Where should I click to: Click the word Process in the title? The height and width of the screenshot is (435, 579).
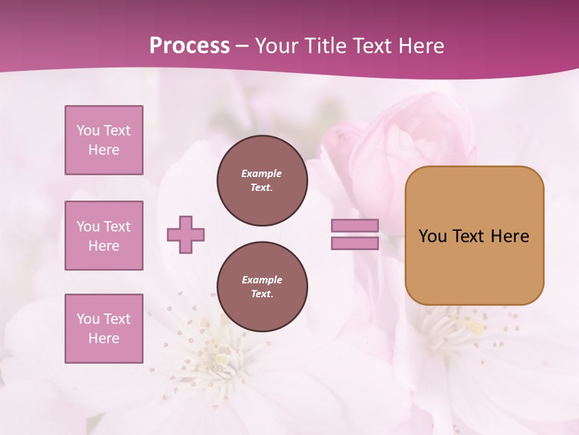pos(189,46)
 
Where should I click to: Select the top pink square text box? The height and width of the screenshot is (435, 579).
pos(104,140)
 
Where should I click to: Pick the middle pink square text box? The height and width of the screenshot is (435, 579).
pos(104,236)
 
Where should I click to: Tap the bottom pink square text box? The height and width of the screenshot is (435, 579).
pos(104,328)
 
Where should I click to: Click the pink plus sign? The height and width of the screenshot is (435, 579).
pos(186,234)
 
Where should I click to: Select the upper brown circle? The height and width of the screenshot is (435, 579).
pos(262,181)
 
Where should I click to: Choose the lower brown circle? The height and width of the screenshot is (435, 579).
pos(262,287)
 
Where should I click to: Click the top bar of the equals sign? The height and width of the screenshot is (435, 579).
pos(355,226)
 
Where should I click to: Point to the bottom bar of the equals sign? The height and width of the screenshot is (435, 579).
pos(355,243)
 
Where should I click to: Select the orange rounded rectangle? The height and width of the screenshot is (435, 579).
pos(474,236)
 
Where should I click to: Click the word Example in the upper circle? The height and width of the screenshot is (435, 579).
pos(262,173)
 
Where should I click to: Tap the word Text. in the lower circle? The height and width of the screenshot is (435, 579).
pos(262,294)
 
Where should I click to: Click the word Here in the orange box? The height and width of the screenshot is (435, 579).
pos(510,236)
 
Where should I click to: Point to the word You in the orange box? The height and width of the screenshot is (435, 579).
pos(432,236)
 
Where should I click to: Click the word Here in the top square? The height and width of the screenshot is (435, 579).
pos(104,150)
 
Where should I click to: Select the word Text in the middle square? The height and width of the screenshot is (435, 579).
pos(116,227)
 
